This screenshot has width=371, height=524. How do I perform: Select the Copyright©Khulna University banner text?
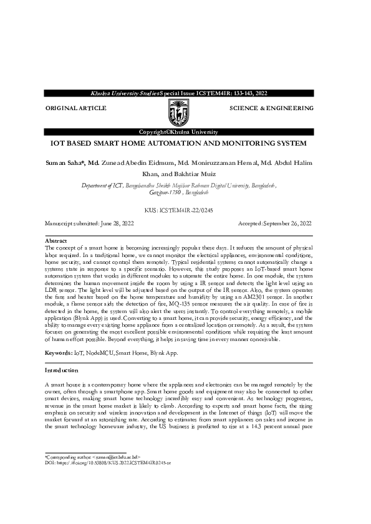(178, 132)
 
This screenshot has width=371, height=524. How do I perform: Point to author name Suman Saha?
(65, 162)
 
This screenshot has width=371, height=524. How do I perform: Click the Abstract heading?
(56, 240)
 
